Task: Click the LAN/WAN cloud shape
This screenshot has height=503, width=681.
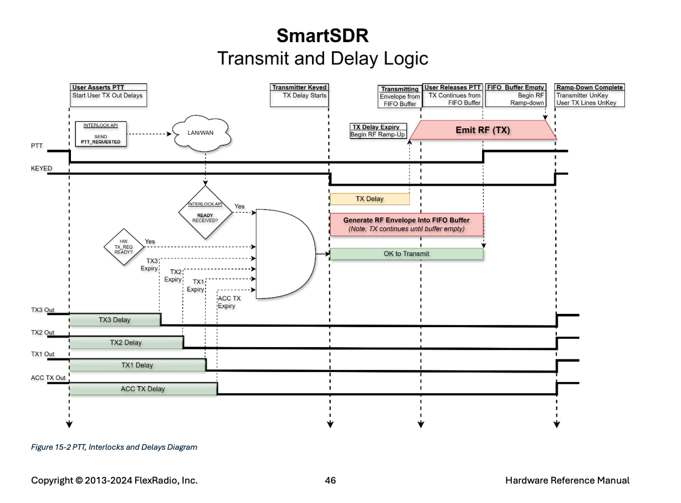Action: tap(201, 133)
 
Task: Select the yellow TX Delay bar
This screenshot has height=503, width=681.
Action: tap(370, 199)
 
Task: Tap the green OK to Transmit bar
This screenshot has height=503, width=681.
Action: tap(406, 254)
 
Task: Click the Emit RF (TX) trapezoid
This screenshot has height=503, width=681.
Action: tap(483, 130)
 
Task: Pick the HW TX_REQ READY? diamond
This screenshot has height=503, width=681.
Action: tap(124, 247)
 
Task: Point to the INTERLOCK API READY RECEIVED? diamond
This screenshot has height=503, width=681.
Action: tap(205, 212)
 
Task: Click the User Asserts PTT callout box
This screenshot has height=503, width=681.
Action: tap(109, 95)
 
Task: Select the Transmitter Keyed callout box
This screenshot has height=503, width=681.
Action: tap(299, 95)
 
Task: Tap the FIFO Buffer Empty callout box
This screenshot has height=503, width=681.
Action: tap(515, 95)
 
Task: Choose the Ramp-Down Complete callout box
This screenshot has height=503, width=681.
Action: tap(589, 95)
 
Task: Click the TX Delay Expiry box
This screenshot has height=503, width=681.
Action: tap(378, 131)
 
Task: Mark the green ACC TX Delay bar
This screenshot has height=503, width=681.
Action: tap(143, 389)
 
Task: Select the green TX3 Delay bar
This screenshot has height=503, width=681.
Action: tap(115, 320)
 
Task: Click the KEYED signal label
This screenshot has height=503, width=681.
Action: tap(42, 169)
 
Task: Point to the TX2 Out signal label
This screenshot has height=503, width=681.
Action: tap(42, 332)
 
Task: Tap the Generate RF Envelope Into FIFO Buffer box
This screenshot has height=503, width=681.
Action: tap(406, 225)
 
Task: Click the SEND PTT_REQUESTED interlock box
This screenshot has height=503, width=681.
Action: tap(101, 134)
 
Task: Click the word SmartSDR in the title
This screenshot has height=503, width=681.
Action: tap(322, 35)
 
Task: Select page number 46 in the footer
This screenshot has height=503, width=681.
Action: tap(330, 480)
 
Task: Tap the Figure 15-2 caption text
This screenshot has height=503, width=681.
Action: tap(114, 447)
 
